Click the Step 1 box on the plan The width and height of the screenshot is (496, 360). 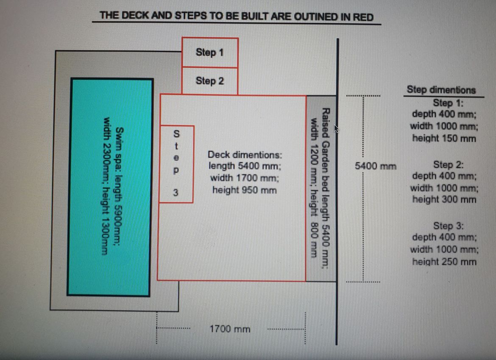click(x=210, y=53)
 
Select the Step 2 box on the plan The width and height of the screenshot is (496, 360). click(x=210, y=81)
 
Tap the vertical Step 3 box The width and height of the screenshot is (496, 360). click(x=176, y=164)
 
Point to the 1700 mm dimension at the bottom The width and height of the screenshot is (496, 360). click(x=230, y=329)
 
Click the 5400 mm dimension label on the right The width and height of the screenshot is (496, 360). click(x=376, y=166)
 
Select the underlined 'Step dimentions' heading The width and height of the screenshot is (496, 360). click(x=441, y=90)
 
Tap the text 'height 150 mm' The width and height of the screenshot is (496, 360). click(x=444, y=138)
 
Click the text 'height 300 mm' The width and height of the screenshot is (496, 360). click(x=444, y=200)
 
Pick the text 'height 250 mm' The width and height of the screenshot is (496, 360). click(x=444, y=262)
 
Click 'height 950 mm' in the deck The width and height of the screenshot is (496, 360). click(x=245, y=190)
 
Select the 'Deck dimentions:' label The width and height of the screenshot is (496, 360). click(x=245, y=155)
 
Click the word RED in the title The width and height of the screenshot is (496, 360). click(x=363, y=17)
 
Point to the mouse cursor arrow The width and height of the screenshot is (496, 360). click(x=336, y=128)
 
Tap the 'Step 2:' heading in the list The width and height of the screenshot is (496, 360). click(x=448, y=165)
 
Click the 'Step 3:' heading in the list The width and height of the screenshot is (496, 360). click(x=448, y=226)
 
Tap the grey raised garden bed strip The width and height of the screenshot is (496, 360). click(x=321, y=188)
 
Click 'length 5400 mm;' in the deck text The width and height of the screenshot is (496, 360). click(x=245, y=166)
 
